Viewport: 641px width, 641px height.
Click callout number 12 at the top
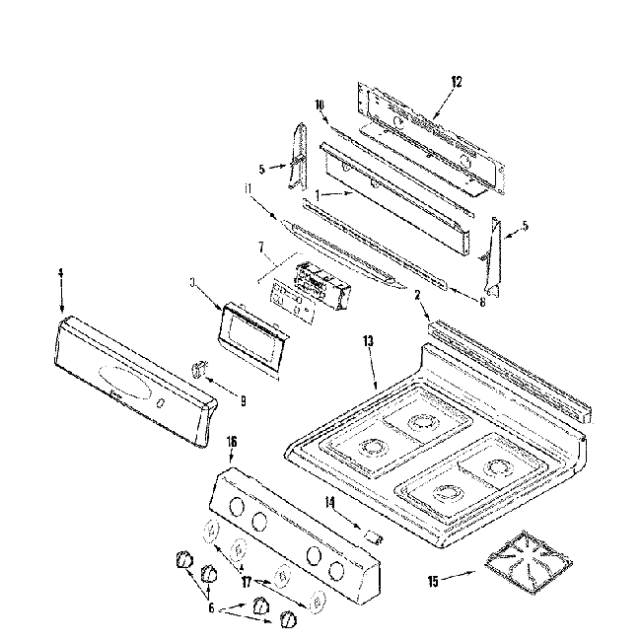tap(457, 81)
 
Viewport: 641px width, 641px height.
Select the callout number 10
tap(320, 105)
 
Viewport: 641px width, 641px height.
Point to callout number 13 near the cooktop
tap(369, 341)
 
